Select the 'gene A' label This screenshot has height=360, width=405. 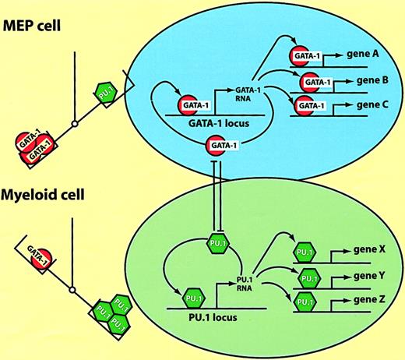(x=366, y=57)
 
